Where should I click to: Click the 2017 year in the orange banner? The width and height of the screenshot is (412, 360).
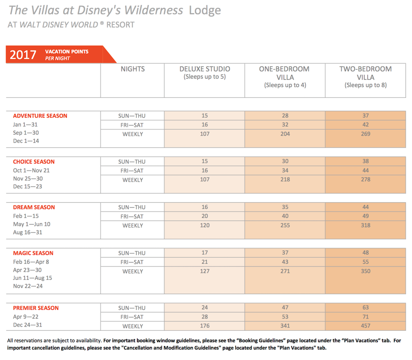(23, 55)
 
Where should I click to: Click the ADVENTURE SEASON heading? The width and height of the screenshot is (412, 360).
(40, 116)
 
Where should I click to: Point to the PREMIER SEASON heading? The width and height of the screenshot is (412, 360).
(36, 308)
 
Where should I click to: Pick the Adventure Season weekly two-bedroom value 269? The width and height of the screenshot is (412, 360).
(366, 134)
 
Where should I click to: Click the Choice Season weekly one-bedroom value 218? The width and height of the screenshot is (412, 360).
(285, 180)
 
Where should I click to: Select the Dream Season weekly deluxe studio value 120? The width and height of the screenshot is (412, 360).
(205, 225)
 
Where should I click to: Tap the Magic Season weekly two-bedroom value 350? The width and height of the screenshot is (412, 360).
(366, 271)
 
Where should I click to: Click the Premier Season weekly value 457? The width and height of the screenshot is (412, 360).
(366, 326)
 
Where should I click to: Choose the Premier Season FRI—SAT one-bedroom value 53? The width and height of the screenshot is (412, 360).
(285, 317)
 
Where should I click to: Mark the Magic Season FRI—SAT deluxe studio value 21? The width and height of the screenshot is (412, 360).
(205, 262)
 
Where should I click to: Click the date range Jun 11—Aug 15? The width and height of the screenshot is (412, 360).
(33, 278)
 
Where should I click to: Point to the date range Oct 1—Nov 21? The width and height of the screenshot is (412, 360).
(31, 170)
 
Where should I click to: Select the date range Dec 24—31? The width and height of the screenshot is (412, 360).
(28, 325)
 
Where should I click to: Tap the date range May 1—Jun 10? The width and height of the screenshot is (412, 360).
(31, 224)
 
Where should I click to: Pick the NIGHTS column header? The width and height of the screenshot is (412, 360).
(133, 69)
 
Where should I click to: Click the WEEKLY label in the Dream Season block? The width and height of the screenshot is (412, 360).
(133, 226)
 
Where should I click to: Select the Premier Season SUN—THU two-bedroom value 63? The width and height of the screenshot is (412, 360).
(366, 307)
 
